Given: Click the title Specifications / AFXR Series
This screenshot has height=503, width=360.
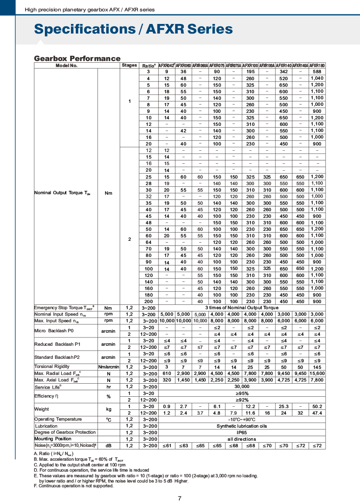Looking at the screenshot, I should [x=133, y=29].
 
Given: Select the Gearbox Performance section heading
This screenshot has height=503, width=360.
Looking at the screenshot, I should [x=77, y=58].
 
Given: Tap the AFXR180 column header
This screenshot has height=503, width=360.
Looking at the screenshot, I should [x=317, y=65].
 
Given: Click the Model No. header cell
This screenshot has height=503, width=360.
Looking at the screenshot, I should [x=67, y=65].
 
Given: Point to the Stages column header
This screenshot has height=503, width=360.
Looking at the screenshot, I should [x=129, y=65].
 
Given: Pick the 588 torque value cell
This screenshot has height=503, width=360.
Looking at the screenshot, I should [x=317, y=71].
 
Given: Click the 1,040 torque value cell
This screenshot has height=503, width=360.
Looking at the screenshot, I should [x=317, y=78].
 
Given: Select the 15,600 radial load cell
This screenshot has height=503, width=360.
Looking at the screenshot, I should [x=317, y=374].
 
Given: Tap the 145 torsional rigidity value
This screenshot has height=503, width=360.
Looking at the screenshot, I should [x=317, y=367].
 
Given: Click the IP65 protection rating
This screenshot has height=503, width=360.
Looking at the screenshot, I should [x=242, y=432].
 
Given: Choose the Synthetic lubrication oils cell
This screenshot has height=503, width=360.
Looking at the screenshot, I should [x=242, y=426].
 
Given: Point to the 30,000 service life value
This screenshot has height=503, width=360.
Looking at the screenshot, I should [x=242, y=387].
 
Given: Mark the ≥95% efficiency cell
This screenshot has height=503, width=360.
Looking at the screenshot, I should [x=242, y=393].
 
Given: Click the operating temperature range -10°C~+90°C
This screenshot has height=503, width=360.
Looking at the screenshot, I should [x=242, y=419].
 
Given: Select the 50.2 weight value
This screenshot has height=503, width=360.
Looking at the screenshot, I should [x=317, y=406].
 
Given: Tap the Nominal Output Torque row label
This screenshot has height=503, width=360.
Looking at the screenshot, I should [x=62, y=193].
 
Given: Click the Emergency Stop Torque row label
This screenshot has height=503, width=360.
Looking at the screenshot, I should [x=64, y=308].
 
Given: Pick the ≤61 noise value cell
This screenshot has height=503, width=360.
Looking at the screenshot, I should [x=166, y=446].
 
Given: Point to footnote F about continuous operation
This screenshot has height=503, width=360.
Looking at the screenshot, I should [x=74, y=486].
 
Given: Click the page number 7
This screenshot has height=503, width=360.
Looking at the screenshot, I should [x=180, y=498].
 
